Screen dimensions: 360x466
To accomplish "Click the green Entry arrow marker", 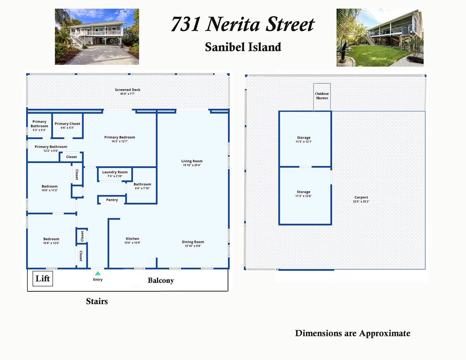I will (x=98, y=274).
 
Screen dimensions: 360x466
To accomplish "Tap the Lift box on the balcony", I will (x=43, y=278).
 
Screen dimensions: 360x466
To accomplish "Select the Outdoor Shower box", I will (x=322, y=96).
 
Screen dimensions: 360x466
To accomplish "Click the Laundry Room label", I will (x=115, y=172).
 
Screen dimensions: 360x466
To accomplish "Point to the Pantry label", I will (x=112, y=200).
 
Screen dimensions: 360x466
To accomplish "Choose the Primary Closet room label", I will (x=67, y=124).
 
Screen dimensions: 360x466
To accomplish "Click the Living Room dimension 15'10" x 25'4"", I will (x=192, y=165).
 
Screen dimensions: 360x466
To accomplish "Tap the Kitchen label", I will (x=132, y=239).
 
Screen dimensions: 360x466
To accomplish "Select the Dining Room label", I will (x=193, y=242).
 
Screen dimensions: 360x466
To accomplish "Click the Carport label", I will (x=361, y=197).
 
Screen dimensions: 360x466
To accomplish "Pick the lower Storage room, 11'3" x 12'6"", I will (x=305, y=194).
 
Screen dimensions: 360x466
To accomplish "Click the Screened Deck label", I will (x=127, y=90).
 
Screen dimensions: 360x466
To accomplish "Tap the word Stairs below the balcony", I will (x=97, y=301).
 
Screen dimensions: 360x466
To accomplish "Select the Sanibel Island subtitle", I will (x=243, y=47).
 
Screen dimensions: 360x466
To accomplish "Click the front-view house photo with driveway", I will (x=97, y=37).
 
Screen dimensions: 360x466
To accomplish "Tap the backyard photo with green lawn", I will (x=380, y=38).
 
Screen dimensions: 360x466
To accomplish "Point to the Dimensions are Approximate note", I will (x=353, y=333).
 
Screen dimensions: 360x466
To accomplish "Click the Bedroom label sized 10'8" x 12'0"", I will (x=51, y=239).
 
